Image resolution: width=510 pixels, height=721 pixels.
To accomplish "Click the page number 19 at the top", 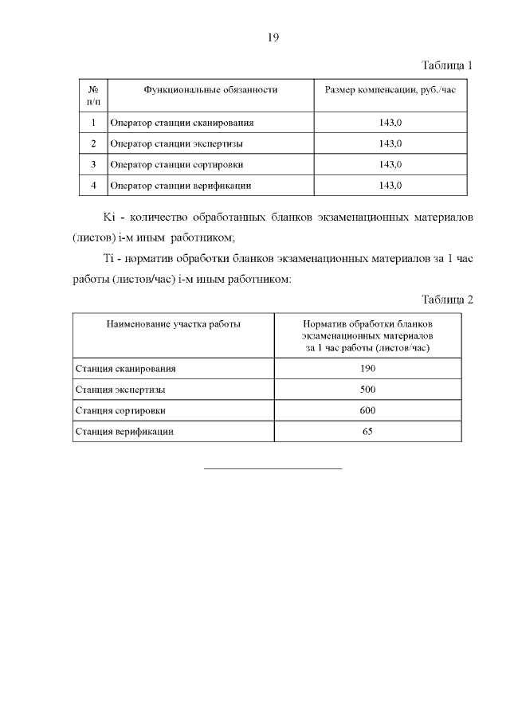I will coord(273,37).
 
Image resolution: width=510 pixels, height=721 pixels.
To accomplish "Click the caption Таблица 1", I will coord(446,65).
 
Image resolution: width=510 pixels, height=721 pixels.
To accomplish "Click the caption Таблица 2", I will coord(446,300).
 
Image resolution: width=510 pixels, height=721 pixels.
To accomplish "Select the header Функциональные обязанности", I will coord(210,90).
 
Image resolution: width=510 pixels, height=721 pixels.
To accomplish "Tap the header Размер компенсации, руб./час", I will coord(390,90).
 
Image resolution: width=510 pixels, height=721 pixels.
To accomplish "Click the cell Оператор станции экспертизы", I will coord(176,143).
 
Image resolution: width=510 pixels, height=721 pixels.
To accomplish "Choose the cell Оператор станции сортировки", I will coord(176,164).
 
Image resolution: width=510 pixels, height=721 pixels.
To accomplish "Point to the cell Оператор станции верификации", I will coord(181,185).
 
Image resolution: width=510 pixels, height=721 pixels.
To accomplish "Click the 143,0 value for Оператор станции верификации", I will coord(390,185).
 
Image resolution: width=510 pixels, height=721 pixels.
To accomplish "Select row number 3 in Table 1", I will coord(93,164).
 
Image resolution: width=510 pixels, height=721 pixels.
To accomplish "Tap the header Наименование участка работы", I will coord(173,324).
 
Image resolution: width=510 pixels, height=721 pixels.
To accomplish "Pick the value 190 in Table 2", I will coord(367,369).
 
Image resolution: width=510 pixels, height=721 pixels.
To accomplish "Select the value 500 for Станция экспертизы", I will coord(367,390).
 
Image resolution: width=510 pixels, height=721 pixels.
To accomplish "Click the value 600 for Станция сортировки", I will coord(367,410).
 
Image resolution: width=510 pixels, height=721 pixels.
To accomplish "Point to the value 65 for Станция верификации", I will coord(367,431).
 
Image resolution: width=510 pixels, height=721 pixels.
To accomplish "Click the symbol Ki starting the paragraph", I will coord(110,217).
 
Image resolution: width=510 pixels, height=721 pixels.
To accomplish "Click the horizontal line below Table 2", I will coord(273,468).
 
